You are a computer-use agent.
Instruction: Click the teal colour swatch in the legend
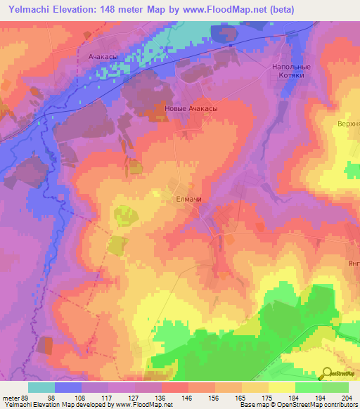[41, 387]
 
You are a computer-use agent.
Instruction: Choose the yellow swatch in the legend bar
[282, 387]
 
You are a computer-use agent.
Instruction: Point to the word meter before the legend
[11, 398]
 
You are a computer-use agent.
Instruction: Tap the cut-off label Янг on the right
[352, 264]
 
